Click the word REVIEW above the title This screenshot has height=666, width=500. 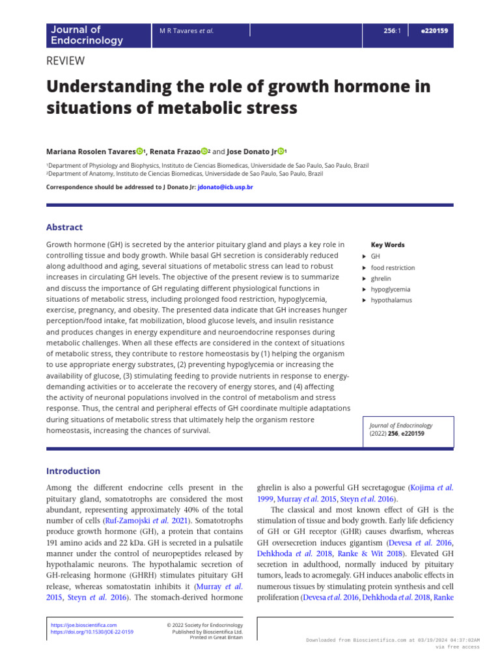(x=66, y=61)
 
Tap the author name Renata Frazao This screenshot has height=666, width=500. (x=174, y=152)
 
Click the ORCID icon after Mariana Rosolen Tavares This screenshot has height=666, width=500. (x=139, y=152)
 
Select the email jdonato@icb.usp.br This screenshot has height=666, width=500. (x=225, y=187)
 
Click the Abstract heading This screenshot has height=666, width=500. (x=64, y=227)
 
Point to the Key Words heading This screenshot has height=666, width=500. (x=387, y=245)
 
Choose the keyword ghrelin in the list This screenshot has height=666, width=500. (x=381, y=278)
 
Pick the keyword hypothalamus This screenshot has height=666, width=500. (x=391, y=300)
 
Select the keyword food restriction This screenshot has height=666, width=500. (x=393, y=267)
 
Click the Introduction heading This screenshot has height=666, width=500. (x=73, y=471)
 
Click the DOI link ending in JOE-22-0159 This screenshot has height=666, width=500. (x=92, y=632)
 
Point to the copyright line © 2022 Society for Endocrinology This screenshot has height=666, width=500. (x=204, y=625)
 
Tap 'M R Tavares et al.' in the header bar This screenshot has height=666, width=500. (x=186, y=31)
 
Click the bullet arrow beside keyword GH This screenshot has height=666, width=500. (x=364, y=256)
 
